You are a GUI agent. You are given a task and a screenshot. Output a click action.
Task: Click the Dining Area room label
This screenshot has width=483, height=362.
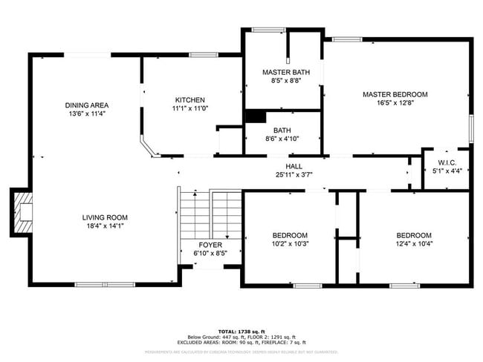87,105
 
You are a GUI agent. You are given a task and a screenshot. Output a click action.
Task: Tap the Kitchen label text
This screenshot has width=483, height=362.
189,100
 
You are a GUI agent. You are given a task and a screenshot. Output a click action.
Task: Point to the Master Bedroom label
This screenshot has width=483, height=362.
395,94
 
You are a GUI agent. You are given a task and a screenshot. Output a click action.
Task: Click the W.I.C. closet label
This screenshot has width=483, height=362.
447,162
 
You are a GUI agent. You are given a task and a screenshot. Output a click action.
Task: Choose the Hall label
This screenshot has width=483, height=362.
294,165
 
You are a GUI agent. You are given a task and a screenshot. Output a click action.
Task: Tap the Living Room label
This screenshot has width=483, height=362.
105,217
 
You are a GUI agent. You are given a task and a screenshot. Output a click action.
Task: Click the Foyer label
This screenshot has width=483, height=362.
210,244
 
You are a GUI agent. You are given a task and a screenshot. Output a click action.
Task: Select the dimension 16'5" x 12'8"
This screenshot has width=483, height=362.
395,103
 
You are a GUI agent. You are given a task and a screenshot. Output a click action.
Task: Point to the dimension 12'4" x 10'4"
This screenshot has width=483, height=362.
413,243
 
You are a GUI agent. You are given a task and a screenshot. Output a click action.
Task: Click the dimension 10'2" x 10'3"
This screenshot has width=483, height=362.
290,243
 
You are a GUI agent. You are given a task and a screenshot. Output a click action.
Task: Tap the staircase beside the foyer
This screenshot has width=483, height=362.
210,214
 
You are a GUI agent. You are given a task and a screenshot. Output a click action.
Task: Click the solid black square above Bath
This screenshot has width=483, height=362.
255,116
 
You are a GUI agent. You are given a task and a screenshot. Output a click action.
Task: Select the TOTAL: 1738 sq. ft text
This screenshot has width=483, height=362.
241,331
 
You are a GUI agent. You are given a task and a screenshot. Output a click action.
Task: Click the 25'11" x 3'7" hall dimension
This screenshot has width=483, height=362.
294,174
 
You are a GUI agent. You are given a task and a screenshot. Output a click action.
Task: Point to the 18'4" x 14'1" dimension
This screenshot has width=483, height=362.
105,226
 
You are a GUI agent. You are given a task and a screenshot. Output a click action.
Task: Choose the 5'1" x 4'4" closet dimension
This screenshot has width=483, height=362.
447,171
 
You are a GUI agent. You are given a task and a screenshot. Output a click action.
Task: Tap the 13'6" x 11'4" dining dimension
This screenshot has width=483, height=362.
87,114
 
